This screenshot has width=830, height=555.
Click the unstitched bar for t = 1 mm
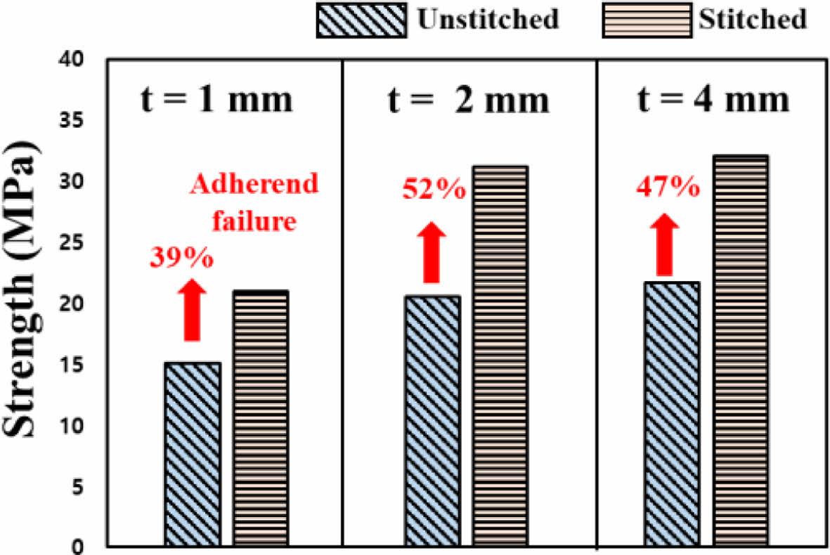coord(193,454)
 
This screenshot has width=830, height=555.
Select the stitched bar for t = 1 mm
coord(260,419)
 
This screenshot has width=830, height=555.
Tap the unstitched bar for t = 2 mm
coord(432,421)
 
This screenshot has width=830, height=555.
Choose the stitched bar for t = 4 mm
coord(739,351)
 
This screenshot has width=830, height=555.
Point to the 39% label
coord(182,258)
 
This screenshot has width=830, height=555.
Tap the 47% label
coord(668,188)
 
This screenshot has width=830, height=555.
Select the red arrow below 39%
coord(192,309)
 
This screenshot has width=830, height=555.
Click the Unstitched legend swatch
coord(361,19)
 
